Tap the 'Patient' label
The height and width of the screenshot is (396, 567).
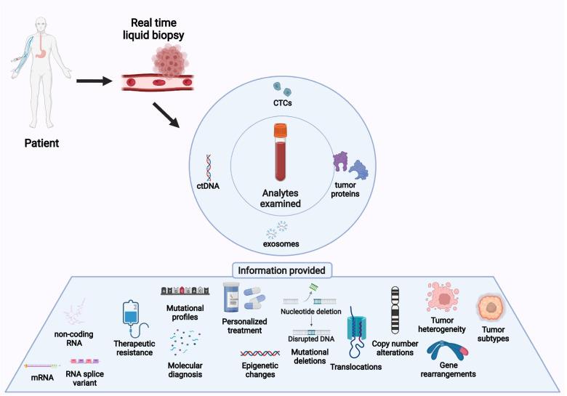click(x=41, y=144)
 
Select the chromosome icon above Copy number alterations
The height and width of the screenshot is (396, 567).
click(x=397, y=310)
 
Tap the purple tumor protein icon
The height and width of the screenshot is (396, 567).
click(x=341, y=163)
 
